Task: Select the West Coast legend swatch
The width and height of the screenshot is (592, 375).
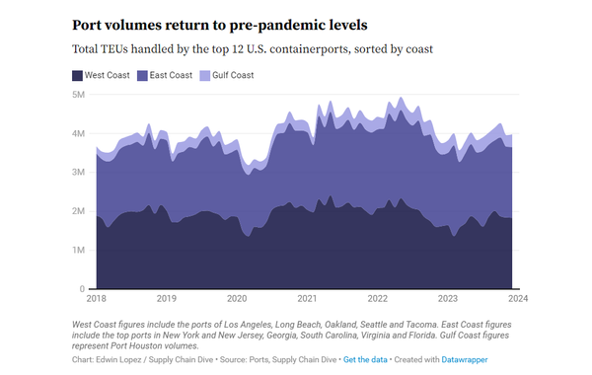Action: [x=78, y=75]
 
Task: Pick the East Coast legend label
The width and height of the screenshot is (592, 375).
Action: [x=175, y=75]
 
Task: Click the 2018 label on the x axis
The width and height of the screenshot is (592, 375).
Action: [x=96, y=298]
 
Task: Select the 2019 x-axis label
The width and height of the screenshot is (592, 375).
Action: [x=166, y=298]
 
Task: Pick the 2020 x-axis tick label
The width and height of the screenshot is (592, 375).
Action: [x=236, y=298]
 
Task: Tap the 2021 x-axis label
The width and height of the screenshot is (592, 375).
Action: [x=307, y=298]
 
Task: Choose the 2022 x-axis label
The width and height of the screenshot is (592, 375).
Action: [x=377, y=298]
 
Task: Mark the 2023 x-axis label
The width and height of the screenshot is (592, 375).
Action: [x=447, y=298]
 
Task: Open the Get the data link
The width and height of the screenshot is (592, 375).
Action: [x=367, y=359]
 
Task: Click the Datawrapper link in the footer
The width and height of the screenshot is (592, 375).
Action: [x=464, y=359]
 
